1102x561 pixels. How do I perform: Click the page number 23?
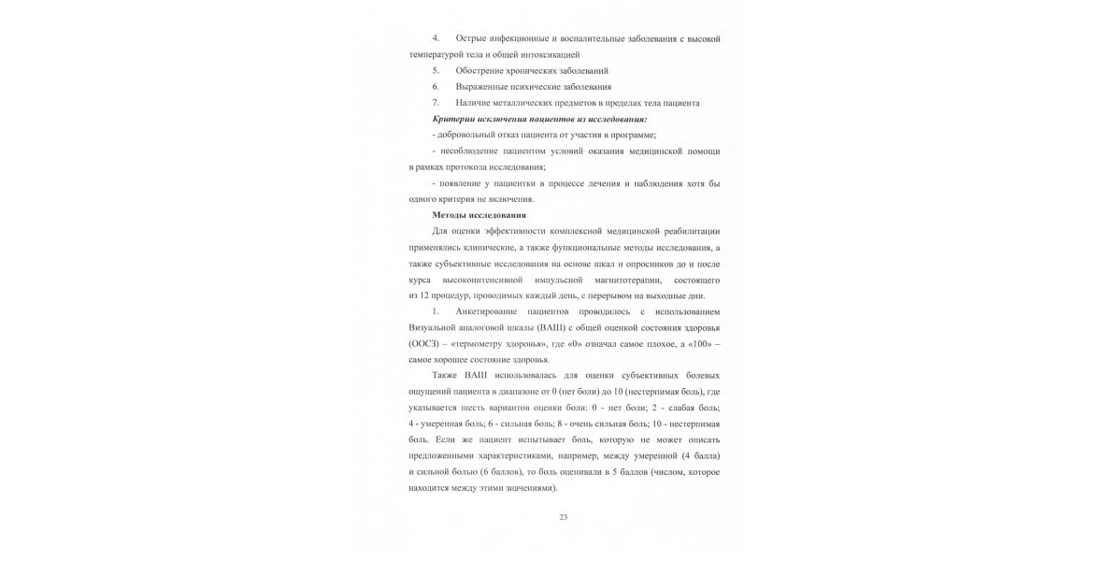[564, 516]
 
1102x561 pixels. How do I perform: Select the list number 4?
[436, 38]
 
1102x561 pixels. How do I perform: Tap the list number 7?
[436, 103]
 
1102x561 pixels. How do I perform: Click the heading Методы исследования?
[479, 215]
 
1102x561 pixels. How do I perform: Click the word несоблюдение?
[472, 151]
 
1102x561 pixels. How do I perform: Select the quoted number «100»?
[695, 344]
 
